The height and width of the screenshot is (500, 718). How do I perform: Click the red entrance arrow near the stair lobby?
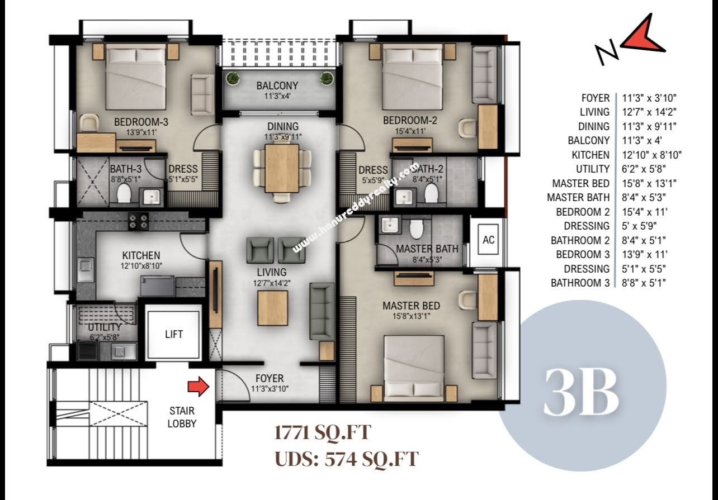(199, 387)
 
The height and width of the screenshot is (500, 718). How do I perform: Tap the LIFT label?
(174, 335)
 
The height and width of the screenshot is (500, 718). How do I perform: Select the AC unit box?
(488, 240)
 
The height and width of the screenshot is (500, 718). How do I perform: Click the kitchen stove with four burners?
(138, 221)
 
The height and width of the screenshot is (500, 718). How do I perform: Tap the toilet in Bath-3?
(124, 193)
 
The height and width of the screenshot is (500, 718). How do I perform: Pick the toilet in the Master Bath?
(417, 229)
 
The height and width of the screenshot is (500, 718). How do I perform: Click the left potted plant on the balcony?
(233, 78)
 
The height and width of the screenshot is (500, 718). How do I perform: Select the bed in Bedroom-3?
(135, 77)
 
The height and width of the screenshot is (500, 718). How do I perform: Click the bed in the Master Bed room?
(414, 368)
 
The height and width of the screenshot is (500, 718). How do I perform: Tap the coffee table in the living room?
(272, 308)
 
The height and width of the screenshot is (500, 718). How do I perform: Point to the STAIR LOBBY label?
(182, 417)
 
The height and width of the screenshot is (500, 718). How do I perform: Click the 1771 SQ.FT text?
(323, 433)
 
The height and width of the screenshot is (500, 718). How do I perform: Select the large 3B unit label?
(582, 393)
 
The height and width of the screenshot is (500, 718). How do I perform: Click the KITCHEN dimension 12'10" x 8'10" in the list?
(651, 155)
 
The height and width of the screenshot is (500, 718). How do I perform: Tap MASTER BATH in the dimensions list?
(578, 198)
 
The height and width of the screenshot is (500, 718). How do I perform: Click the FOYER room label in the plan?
(270, 378)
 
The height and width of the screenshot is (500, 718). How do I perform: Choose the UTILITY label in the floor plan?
(105, 327)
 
